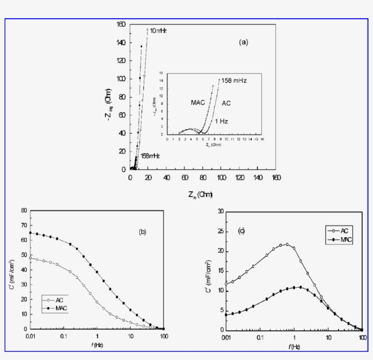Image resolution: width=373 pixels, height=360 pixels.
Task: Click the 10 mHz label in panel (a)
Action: [159, 30]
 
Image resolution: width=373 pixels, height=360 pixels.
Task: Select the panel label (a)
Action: [244, 42]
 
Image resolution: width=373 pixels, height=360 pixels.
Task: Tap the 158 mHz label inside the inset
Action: [235, 81]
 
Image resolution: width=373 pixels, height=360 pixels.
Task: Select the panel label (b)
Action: [142, 232]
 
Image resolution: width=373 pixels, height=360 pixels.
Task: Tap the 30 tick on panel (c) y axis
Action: [220, 211]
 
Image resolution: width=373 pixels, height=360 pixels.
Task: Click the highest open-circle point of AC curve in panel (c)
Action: [287, 244]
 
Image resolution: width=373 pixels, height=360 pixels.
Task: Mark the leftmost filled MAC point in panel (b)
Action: [30, 233]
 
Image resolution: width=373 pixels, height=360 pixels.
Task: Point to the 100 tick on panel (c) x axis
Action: [363, 338]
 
